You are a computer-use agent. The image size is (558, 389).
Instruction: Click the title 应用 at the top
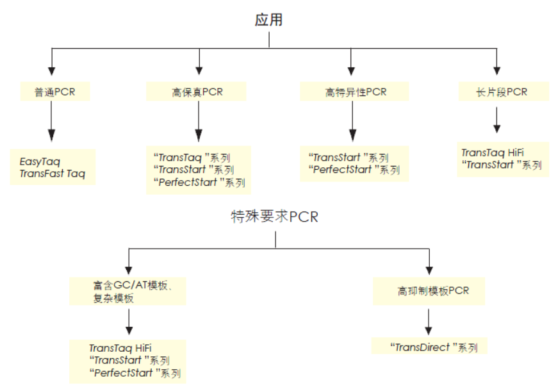269,19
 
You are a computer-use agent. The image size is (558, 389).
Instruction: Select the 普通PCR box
55,92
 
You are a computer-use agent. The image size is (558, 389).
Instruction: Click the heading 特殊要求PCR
275,217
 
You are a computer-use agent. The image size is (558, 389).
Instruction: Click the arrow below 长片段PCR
496,119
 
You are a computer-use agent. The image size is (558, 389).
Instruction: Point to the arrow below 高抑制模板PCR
429,320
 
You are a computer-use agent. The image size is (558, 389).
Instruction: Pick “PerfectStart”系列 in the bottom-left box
135,373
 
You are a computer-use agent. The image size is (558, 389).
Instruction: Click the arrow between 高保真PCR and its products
199,122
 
